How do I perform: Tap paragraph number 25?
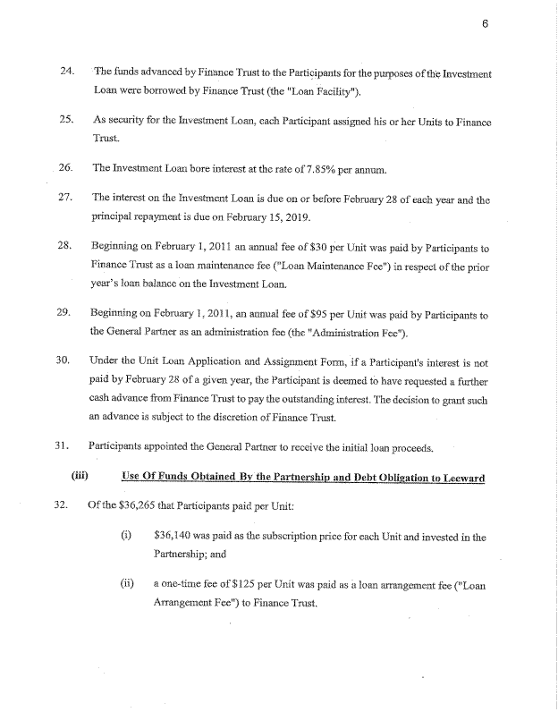coord(64,120)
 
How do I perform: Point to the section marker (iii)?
coord(78,476)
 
